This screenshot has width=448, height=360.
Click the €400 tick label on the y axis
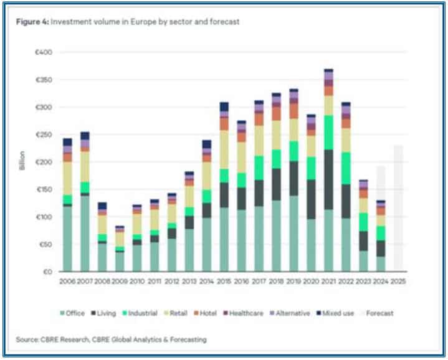tap(43, 52)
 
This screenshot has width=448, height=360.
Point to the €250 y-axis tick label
tap(43, 135)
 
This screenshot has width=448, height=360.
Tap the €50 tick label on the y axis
tap(44, 244)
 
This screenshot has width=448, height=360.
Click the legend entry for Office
tap(74, 313)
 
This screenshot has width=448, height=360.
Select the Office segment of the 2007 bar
tap(85, 234)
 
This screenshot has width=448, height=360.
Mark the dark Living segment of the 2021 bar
tap(328, 179)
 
